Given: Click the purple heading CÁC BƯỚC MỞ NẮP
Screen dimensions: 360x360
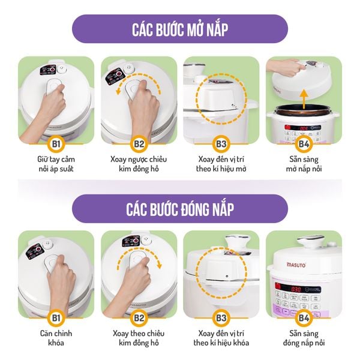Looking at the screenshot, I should point(179,29).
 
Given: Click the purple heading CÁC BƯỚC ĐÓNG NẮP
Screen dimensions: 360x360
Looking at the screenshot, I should point(179,209).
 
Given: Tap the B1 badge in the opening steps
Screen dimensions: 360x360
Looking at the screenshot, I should point(56,144).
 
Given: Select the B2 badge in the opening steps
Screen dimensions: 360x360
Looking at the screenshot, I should point(139,144).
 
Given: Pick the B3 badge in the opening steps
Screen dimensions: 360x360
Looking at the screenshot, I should point(221,144).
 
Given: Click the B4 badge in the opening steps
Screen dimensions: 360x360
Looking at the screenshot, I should point(304,144).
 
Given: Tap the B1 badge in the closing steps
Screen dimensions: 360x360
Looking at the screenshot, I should point(56,316).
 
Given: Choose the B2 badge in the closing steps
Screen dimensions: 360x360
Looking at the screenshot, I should point(139,316).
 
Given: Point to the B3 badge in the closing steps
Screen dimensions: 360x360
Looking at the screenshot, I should point(221,316).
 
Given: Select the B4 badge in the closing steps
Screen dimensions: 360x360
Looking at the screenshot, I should point(304,316).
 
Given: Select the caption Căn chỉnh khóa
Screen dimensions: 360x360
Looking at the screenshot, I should point(56,338).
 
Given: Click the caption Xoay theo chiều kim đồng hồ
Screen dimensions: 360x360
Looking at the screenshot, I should point(139,338).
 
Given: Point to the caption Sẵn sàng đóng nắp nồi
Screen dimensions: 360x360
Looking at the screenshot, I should point(304,338).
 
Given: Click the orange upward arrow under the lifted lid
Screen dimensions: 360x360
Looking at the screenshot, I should point(304,95).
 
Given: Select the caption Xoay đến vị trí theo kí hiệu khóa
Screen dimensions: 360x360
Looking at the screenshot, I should point(221,338).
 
